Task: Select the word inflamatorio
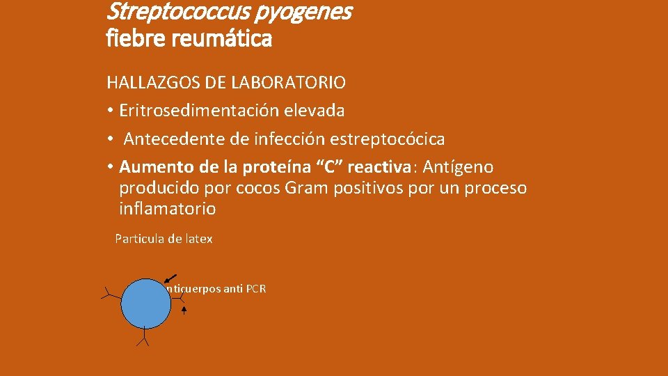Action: point(167,209)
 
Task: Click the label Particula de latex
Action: point(164,239)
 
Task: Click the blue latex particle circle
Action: point(145,304)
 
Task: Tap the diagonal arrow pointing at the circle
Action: point(170,279)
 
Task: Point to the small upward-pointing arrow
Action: point(184,309)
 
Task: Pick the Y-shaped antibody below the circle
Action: point(144,338)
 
